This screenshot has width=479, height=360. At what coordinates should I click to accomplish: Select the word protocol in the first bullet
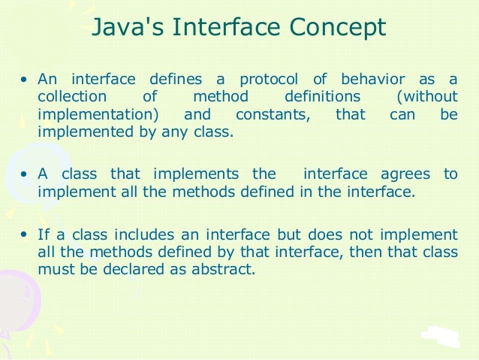coord(269,80)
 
